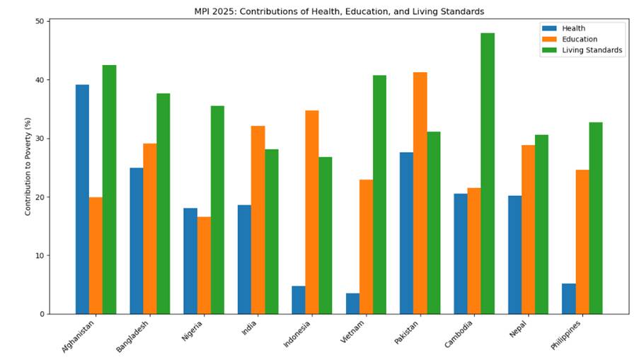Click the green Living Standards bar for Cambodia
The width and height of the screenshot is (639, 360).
[488, 173]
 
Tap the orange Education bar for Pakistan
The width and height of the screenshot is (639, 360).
[420, 193]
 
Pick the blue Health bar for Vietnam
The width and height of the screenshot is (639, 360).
[352, 303]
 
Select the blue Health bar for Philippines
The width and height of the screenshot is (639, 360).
[568, 298]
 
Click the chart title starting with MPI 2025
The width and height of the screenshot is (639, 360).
[339, 11]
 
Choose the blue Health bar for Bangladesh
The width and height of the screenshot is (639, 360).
[137, 240]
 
